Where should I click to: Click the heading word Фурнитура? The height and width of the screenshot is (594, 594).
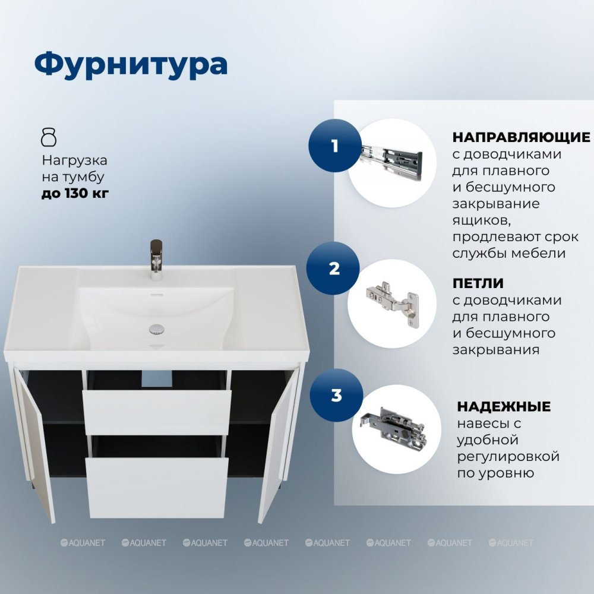click(x=131, y=64)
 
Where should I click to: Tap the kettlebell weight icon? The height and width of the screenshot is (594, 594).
click(x=49, y=137)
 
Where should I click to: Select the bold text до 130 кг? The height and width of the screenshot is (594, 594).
click(x=75, y=193)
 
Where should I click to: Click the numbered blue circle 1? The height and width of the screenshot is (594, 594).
click(x=334, y=146)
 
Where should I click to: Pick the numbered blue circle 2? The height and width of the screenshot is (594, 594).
click(x=334, y=268)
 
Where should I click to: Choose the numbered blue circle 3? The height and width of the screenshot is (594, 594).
click(x=336, y=395)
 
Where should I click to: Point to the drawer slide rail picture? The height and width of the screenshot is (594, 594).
click(x=391, y=163)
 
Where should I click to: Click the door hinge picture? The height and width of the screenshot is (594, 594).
click(x=393, y=303)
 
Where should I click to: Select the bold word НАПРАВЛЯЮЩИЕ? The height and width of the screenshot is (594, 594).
click(x=521, y=137)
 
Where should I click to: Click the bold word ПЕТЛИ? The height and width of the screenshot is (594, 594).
click(x=478, y=283)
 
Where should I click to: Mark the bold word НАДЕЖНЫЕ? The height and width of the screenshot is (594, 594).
click(x=504, y=406)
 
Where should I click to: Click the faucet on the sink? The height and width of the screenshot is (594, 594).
click(x=156, y=260)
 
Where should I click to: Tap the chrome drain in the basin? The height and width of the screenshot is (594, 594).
click(x=156, y=329)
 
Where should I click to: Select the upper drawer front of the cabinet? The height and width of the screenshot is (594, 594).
click(x=157, y=412)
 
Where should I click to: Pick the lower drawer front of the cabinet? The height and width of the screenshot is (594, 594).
click(x=157, y=488)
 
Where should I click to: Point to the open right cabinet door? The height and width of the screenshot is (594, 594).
click(x=277, y=443)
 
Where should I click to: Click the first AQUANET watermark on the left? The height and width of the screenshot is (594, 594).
click(x=83, y=542)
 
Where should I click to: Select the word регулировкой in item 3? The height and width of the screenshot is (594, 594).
click(x=508, y=456)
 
